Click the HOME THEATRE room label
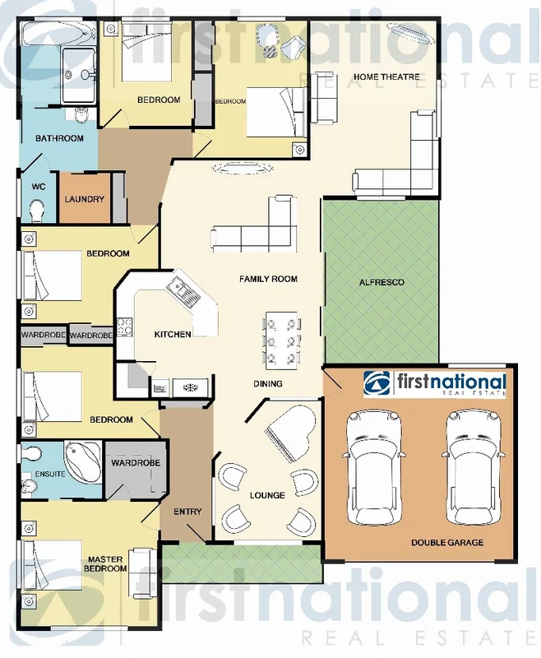(387, 77)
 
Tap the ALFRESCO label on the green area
(381, 282)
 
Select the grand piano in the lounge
(289, 430)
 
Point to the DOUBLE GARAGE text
(447, 543)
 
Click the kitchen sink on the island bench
(179, 289)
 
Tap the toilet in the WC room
(35, 211)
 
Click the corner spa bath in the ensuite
(81, 462)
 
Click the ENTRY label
(187, 512)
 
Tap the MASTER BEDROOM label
(105, 564)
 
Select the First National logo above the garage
(436, 384)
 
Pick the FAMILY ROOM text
(268, 280)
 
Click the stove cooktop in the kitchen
(125, 327)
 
